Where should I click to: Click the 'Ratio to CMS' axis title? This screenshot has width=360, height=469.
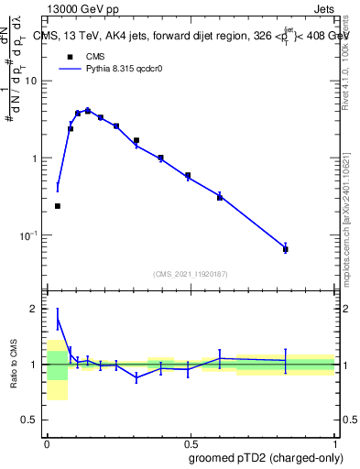tap(13, 365)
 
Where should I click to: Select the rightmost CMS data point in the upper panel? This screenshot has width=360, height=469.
tap(286, 249)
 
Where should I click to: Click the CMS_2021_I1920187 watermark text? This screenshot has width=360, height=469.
tap(191, 274)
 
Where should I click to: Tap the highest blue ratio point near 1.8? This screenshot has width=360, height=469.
tap(58, 320)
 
